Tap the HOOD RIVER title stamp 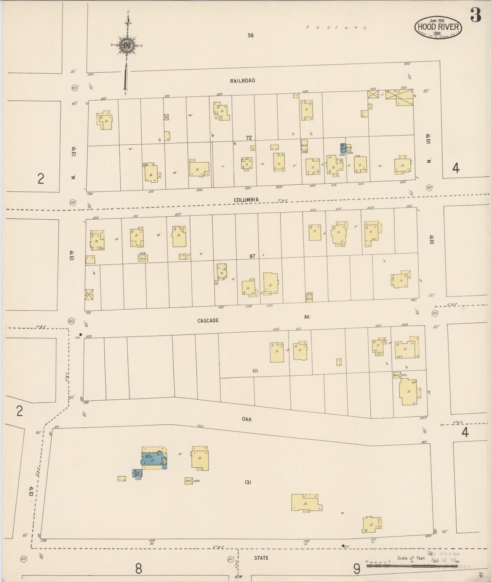[x=438, y=27]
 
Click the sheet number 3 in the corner [x=476, y=15]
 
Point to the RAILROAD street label [x=242, y=81]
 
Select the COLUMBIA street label [x=246, y=200]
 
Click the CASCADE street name [x=208, y=321]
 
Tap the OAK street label [x=247, y=419]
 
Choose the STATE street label [x=261, y=558]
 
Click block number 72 [x=249, y=138]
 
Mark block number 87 [x=252, y=256]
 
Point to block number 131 [x=247, y=482]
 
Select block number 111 [x=255, y=371]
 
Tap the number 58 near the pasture [x=251, y=35]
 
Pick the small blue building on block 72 [x=343, y=148]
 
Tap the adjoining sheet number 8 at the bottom [x=138, y=569]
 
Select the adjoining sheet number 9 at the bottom [x=356, y=569]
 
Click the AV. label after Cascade [x=308, y=316]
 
